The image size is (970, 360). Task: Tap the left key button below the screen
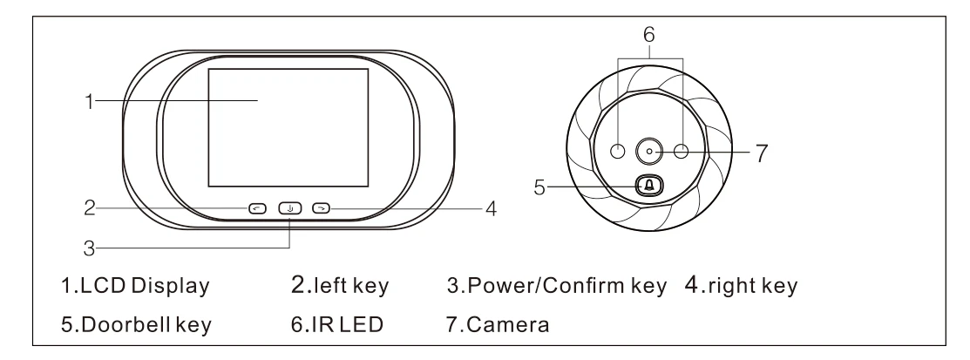[x=256, y=208]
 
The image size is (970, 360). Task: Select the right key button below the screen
[x=322, y=208]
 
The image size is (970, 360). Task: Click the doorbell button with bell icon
[x=648, y=186]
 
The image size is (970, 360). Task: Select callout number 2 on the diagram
[x=88, y=209]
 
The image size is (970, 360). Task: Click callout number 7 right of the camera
[x=760, y=153]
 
